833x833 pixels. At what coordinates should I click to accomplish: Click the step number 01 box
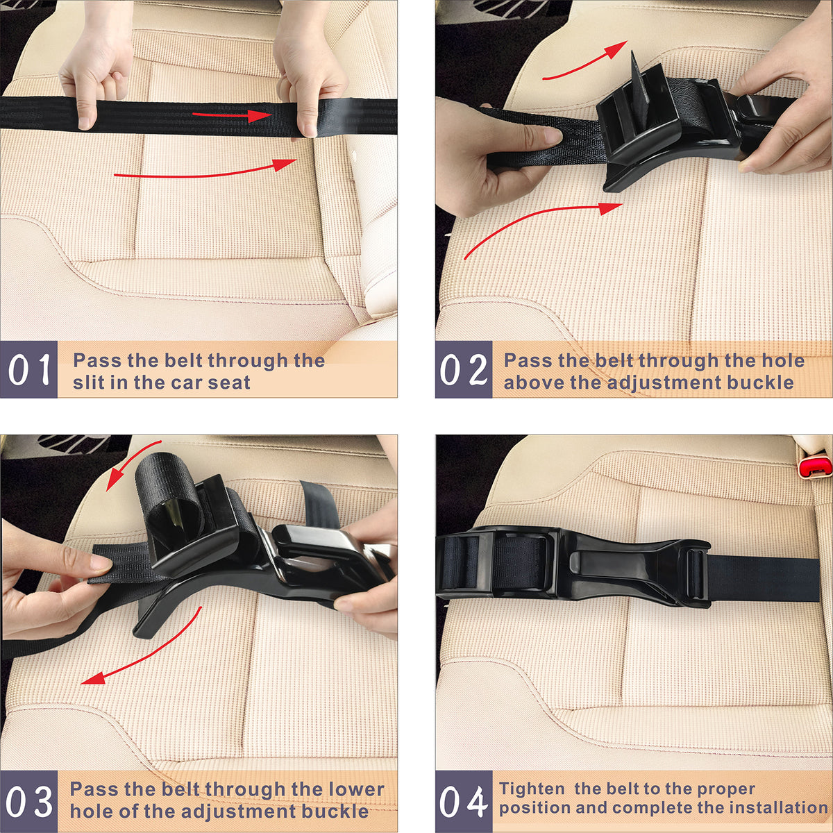click(x=28, y=369)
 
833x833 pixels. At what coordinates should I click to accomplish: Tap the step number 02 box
click(x=464, y=369)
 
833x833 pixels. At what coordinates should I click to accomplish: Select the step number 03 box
click(x=28, y=801)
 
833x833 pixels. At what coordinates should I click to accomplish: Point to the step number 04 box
click(x=464, y=801)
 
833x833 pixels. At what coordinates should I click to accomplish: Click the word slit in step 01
click(x=87, y=382)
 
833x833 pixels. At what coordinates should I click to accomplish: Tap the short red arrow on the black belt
click(x=232, y=115)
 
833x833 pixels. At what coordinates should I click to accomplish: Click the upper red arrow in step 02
click(x=584, y=62)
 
